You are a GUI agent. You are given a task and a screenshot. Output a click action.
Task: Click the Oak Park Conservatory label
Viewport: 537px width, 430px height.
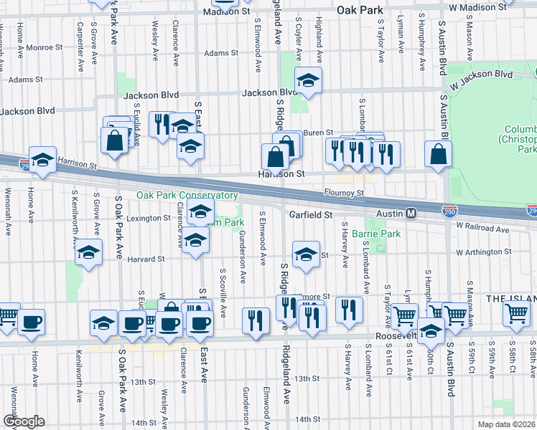click(187, 196)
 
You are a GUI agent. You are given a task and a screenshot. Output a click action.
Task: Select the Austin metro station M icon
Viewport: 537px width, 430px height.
click(411, 214)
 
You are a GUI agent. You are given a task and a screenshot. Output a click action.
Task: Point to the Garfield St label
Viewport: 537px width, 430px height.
click(311, 214)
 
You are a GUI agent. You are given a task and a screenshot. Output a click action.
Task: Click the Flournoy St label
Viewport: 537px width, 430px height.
click(344, 192)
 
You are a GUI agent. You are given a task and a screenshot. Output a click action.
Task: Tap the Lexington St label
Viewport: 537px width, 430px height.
click(147, 218)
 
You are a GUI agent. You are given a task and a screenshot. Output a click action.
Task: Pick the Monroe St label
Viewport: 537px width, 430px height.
click(47, 47)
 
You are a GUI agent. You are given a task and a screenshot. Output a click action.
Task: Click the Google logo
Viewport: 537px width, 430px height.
click(24, 421)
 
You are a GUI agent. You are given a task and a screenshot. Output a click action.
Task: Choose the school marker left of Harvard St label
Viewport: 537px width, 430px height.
click(88, 252)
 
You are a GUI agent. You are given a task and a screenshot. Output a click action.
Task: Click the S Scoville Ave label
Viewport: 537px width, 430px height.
click(223, 296)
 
